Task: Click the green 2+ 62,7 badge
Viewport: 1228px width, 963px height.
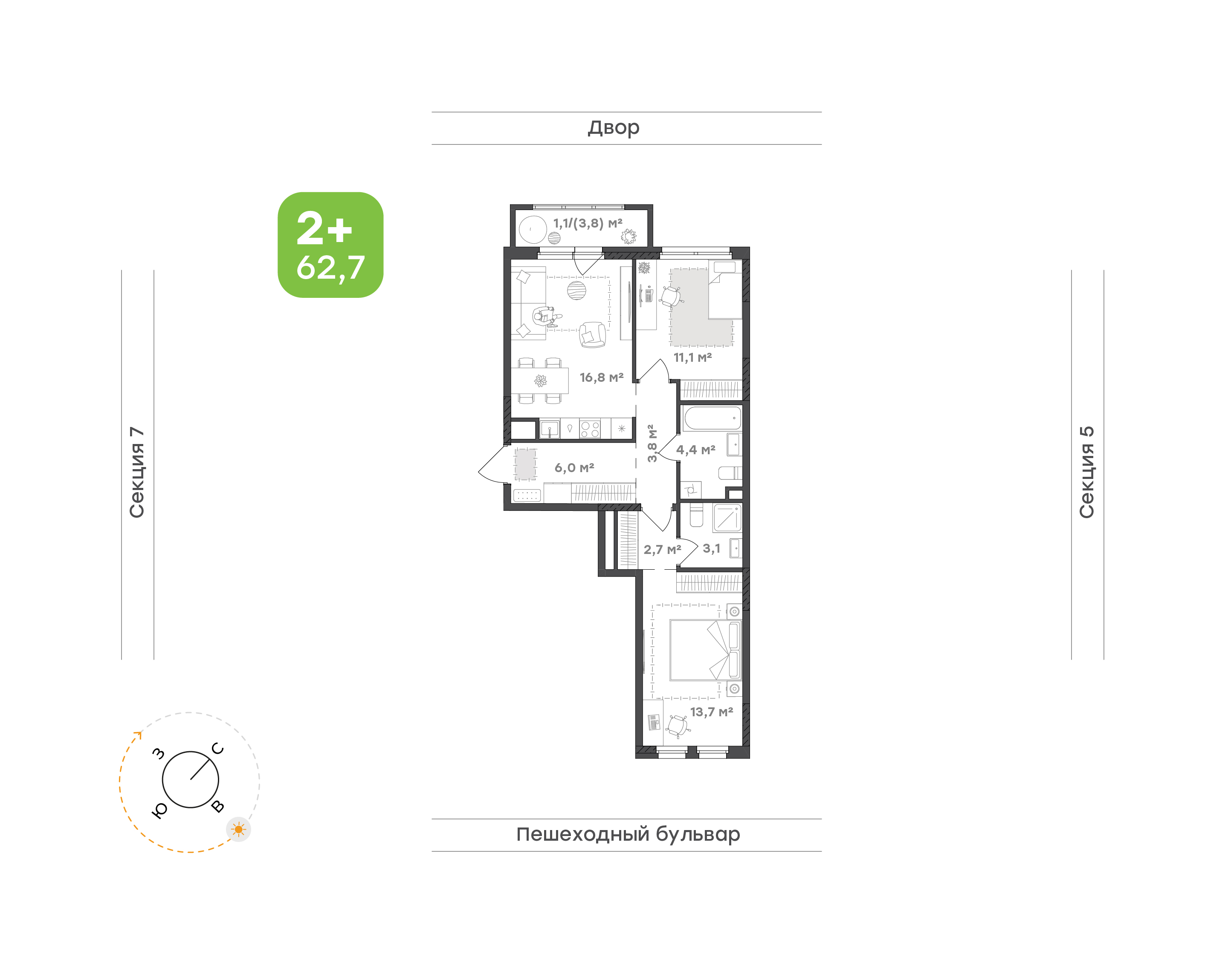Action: click(330, 245)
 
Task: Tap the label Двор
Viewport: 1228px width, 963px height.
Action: click(613, 128)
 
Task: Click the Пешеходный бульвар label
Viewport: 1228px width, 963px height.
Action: click(628, 834)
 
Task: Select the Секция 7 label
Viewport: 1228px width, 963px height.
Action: click(137, 473)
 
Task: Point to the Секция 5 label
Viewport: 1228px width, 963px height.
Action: click(1086, 473)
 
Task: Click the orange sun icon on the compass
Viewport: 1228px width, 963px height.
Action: click(239, 829)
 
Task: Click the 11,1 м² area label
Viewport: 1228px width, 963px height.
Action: click(693, 358)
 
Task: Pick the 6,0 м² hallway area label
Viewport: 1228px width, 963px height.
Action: click(574, 468)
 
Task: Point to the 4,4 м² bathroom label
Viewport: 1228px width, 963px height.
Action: click(695, 450)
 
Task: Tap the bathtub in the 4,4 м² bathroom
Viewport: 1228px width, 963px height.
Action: click(712, 419)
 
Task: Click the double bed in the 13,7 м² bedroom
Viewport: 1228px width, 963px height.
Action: click(705, 651)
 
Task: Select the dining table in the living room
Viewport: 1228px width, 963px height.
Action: click(540, 381)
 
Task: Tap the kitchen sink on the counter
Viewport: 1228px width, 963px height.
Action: click(550, 429)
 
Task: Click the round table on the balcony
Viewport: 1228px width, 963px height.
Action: click(533, 230)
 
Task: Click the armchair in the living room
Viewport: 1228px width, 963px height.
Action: click(592, 334)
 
